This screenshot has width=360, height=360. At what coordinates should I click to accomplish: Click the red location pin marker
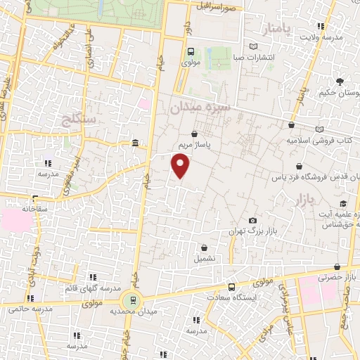(x=181, y=166)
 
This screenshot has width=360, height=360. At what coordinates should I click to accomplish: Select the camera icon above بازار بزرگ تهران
(x=252, y=221)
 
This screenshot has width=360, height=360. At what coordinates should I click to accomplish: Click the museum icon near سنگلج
(x=134, y=144)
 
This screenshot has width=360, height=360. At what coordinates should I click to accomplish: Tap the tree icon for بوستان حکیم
(x=341, y=82)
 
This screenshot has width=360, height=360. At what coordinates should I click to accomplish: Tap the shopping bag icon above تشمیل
(x=205, y=247)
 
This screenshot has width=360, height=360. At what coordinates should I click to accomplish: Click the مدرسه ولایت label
(x=330, y=36)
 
